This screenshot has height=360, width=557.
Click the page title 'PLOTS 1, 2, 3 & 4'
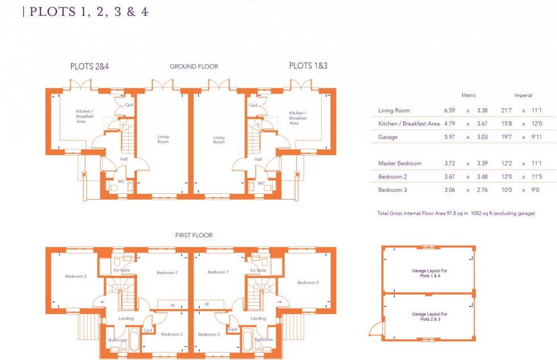pos(88,11)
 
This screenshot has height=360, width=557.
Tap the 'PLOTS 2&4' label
pos(89,67)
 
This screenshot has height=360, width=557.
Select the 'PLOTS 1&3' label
pos(308,66)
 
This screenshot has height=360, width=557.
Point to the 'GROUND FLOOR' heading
pos(194,67)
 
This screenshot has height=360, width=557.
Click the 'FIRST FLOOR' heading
pos(194,235)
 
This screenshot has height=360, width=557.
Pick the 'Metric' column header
pos(468,96)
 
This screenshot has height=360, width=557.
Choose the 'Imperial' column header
pos(523,96)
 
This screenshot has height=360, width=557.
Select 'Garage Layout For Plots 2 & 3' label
pos(429,316)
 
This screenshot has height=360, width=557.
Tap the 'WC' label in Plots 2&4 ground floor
pos(120,182)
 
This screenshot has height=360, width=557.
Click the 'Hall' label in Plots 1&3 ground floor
pos(258,159)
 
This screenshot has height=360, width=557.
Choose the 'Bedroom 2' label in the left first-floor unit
pos(76,276)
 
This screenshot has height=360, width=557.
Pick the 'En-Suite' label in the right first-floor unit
pos(258,271)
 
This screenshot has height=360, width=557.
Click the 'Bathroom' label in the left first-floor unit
pos(118,340)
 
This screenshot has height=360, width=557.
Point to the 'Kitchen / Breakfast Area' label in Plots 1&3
pos(297,118)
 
